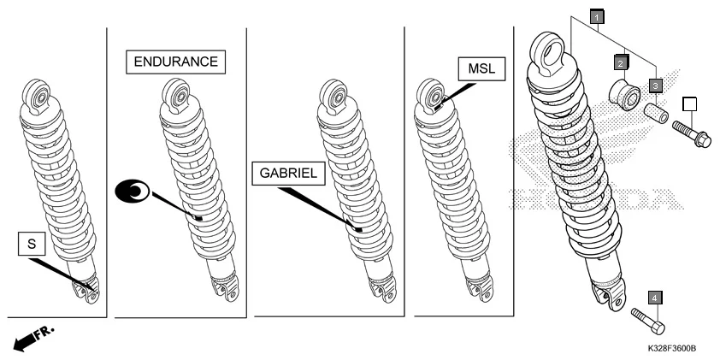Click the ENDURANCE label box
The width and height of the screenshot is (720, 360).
tap(176, 62)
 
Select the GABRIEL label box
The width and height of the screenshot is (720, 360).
tap(289, 173)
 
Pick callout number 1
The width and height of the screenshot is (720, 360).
tap(596, 15)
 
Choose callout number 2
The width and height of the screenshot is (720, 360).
tap(622, 62)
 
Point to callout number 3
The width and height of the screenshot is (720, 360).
tap(655, 85)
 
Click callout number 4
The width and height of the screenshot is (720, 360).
tap(655, 297)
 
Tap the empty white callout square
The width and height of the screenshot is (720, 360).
tap(690, 104)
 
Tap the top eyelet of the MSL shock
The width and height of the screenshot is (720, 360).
tap(430, 95)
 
